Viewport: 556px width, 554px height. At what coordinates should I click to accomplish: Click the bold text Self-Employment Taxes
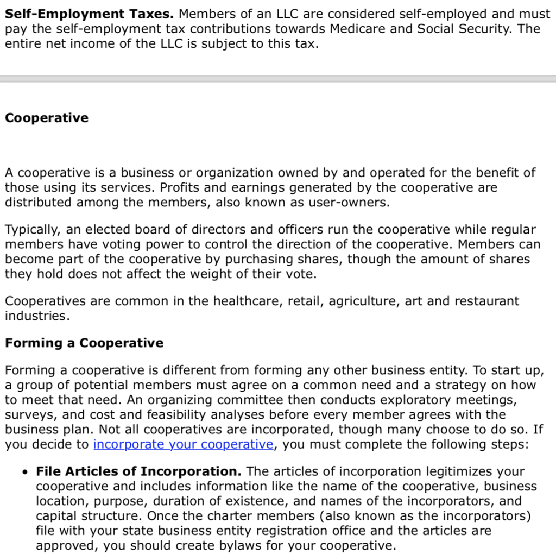[x=89, y=14]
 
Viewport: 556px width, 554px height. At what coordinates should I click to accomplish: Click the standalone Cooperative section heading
[x=47, y=118]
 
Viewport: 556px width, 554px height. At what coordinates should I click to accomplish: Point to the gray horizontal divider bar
[x=278, y=79]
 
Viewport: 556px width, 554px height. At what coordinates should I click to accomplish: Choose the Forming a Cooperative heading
[x=84, y=343]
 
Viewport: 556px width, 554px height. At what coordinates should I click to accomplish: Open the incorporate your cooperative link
[x=183, y=444]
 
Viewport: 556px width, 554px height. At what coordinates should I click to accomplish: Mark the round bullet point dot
[x=24, y=472]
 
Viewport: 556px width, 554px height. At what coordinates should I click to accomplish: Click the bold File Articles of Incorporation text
[x=138, y=471]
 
